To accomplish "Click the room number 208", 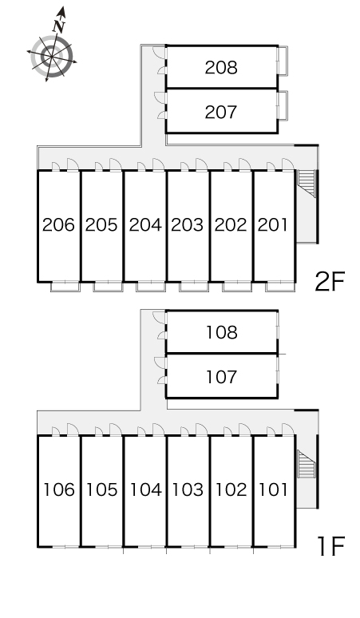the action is click(221, 68).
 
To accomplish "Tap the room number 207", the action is click(221, 113).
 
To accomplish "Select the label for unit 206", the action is click(58, 224).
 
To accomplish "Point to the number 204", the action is click(145, 224).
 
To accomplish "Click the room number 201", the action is click(272, 224).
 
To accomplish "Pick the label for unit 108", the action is click(222, 333).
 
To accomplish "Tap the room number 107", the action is click(222, 377).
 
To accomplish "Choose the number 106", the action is click(59, 489).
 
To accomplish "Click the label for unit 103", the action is click(188, 489).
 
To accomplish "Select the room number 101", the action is click(273, 489).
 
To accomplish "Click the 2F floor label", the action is click(330, 281).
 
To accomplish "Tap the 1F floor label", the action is click(330, 546).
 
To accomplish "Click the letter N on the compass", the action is click(59, 26).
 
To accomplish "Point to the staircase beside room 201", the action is click(307, 184).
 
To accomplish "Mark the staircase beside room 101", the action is click(307, 464).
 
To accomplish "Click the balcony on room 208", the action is click(283, 61).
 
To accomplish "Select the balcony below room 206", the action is click(65, 287).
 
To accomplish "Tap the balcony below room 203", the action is click(194, 287).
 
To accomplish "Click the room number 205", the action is click(101, 224).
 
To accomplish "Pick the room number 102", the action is click(231, 489).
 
